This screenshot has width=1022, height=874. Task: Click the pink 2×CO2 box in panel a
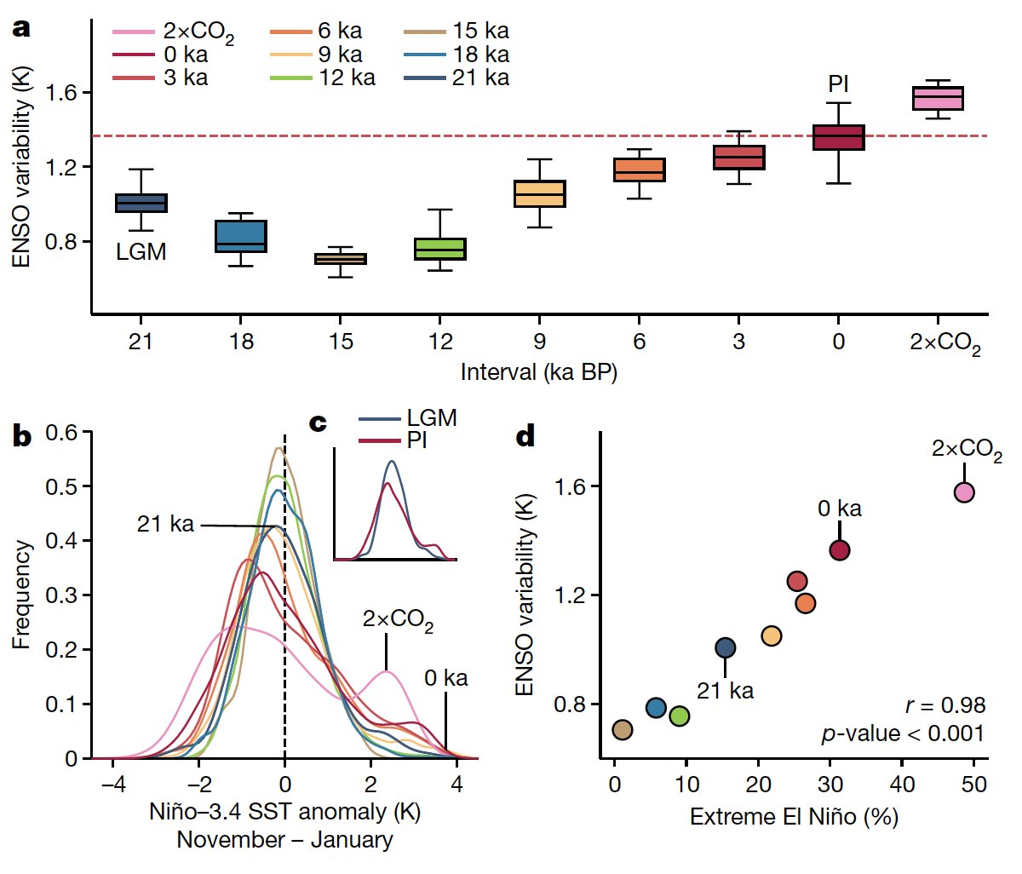point(938,98)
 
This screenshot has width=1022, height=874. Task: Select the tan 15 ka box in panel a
point(341,258)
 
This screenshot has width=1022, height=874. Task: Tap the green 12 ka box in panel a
point(440,249)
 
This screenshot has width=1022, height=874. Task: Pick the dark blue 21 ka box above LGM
point(141,203)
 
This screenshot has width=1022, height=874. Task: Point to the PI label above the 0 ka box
point(838,84)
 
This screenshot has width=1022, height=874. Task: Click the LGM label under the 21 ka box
point(141,252)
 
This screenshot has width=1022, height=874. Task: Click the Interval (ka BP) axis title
point(538,372)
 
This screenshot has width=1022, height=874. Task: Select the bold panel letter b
point(21,437)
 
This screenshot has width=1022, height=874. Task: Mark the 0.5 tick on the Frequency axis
point(61,486)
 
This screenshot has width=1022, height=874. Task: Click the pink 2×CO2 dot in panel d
point(964,492)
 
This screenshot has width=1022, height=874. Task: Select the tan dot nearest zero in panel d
point(623,730)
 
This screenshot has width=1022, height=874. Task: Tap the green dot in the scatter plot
point(680,716)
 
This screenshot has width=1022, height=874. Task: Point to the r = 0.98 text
point(945,705)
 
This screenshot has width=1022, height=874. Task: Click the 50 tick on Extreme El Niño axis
point(976,783)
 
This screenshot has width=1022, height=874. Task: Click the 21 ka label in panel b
point(165,524)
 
